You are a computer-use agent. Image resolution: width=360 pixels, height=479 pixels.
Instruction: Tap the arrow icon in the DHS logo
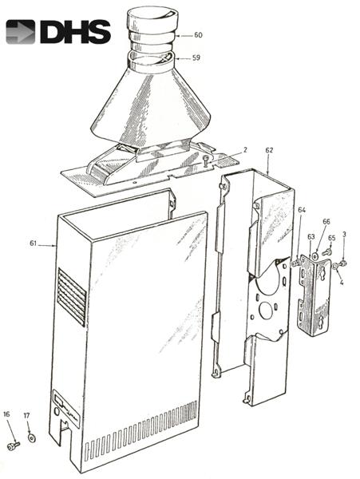[20, 31]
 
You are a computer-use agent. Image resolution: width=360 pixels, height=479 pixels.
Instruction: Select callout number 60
[198, 35]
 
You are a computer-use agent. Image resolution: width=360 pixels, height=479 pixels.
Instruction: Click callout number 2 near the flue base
[245, 150]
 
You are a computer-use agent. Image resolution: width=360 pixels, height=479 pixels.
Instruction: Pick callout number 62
[269, 150]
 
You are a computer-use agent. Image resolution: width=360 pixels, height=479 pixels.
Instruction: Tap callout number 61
[33, 243]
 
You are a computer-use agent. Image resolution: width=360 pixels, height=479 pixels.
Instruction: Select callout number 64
[302, 210]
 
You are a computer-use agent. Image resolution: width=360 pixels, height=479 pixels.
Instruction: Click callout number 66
[326, 221]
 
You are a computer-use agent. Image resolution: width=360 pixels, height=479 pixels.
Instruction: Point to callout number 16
[6, 415]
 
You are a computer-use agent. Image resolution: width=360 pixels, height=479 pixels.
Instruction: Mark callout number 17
[26, 415]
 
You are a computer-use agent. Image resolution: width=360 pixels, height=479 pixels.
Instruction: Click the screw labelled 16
[14, 445]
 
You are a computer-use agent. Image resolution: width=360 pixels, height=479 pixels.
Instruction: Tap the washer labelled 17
[31, 437]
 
